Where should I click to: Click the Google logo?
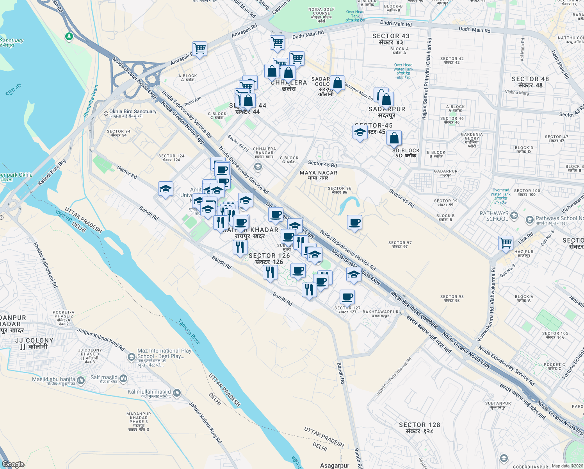coord(13,464)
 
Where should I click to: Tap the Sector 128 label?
coord(419,428)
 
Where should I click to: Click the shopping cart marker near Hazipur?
coord(506,243)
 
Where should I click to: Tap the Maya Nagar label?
coord(318,175)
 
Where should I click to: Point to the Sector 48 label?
coord(530,82)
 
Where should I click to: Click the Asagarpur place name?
coord(335,465)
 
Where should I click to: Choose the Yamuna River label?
coord(189,332)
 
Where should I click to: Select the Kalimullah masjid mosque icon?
coord(176,392)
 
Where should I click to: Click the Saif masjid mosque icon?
coord(123,378)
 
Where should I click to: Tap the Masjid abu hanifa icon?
coord(81,380)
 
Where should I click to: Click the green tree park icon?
coord(69,36)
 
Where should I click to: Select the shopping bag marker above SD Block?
coord(394,138)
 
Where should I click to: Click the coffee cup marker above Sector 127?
coord(347,297)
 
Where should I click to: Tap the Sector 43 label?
coord(391,39)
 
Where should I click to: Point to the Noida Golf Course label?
coord(321,15)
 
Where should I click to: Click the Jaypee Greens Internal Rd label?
coord(394,376)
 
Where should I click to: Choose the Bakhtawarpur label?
coord(381,313)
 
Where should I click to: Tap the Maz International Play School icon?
coord(132,356)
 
